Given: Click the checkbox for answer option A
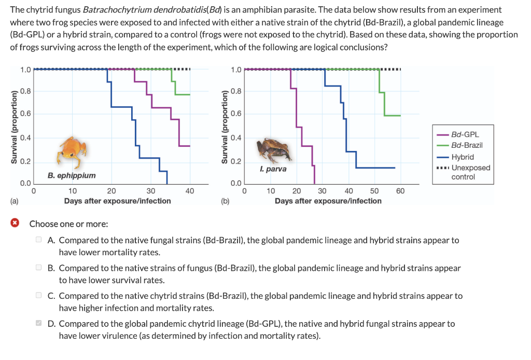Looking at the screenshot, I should [38, 240].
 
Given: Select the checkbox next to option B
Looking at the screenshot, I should [38, 268].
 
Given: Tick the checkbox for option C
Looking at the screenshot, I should [38, 296].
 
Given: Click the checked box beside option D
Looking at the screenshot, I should [38, 324].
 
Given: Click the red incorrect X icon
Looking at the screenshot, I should [16, 224].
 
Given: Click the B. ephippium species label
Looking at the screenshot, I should [72, 175].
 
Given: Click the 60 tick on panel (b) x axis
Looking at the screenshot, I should [399, 191].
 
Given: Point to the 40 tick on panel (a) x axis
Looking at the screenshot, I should [190, 191].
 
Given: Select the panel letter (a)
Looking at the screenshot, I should [14, 201].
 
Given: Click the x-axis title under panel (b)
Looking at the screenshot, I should [328, 201].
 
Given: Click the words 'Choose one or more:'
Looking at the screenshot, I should [68, 224].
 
